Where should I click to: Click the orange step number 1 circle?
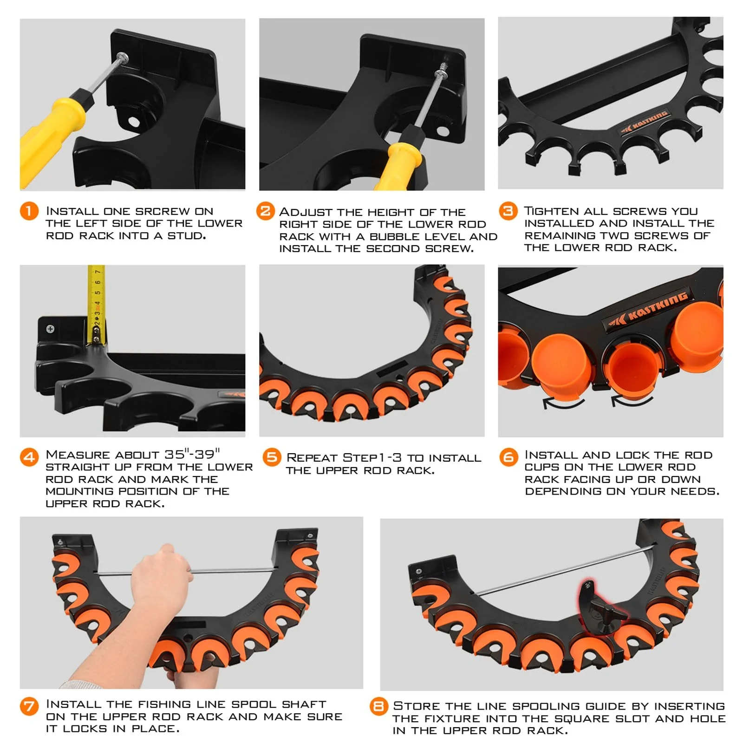click(x=29, y=212)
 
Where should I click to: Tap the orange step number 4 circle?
click(x=29, y=457)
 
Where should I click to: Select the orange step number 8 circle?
click(x=379, y=707)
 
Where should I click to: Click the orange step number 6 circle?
click(x=508, y=457)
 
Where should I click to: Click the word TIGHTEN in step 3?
click(x=551, y=211)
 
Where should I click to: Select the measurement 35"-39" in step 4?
click(x=192, y=454)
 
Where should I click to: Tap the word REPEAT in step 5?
click(x=312, y=457)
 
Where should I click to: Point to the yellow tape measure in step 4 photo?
click(x=97, y=302)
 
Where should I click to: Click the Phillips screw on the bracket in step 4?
click(x=50, y=329)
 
